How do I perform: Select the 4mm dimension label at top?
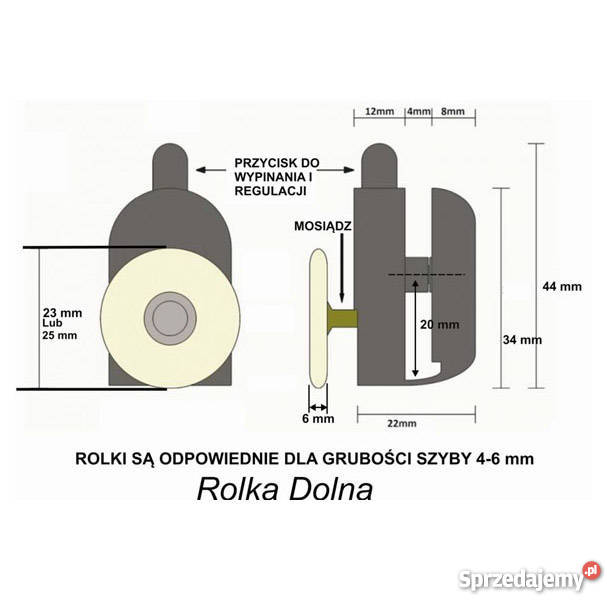pos(418,111)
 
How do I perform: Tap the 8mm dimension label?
pos(451,111)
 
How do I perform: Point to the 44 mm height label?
pos(562,286)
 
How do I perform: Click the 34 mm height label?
pos(522,339)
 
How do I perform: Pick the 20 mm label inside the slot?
pos(441,325)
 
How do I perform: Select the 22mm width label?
pos(401,423)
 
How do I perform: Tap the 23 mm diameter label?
pos(64,313)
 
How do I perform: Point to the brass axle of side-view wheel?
pos(343,319)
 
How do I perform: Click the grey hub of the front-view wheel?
pos(168,317)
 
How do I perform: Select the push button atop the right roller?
pos(379,166)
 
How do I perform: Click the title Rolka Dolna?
pos(284,490)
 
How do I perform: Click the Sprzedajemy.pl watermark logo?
pos(529,576)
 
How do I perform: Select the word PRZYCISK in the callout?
pos(265,161)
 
